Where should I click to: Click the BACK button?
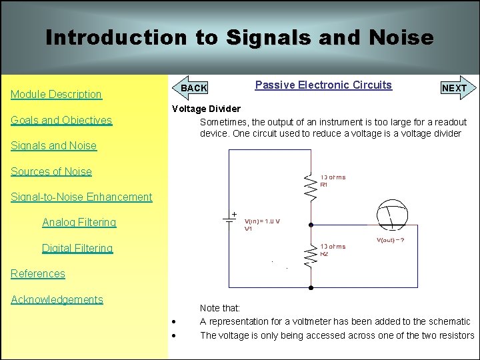coord(193,88)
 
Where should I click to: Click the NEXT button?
coord(455,88)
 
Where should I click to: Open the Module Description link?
coord(56,95)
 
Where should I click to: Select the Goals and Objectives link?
coord(61,121)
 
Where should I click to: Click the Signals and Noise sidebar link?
coord(53,146)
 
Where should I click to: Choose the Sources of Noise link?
coord(51,172)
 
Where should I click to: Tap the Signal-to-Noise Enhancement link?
coord(81,197)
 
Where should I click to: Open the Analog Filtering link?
coord(79,223)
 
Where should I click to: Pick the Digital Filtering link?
coord(77,249)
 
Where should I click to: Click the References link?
coord(38,274)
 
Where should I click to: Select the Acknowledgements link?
coord(57,300)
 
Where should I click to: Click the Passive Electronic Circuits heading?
coord(323,85)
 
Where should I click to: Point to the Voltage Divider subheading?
coord(207,109)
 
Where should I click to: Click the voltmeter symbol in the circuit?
coord(390,213)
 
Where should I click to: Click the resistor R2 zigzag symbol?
coord(311,254)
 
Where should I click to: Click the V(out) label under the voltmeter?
coord(391,240)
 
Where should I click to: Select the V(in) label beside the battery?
coord(262,221)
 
